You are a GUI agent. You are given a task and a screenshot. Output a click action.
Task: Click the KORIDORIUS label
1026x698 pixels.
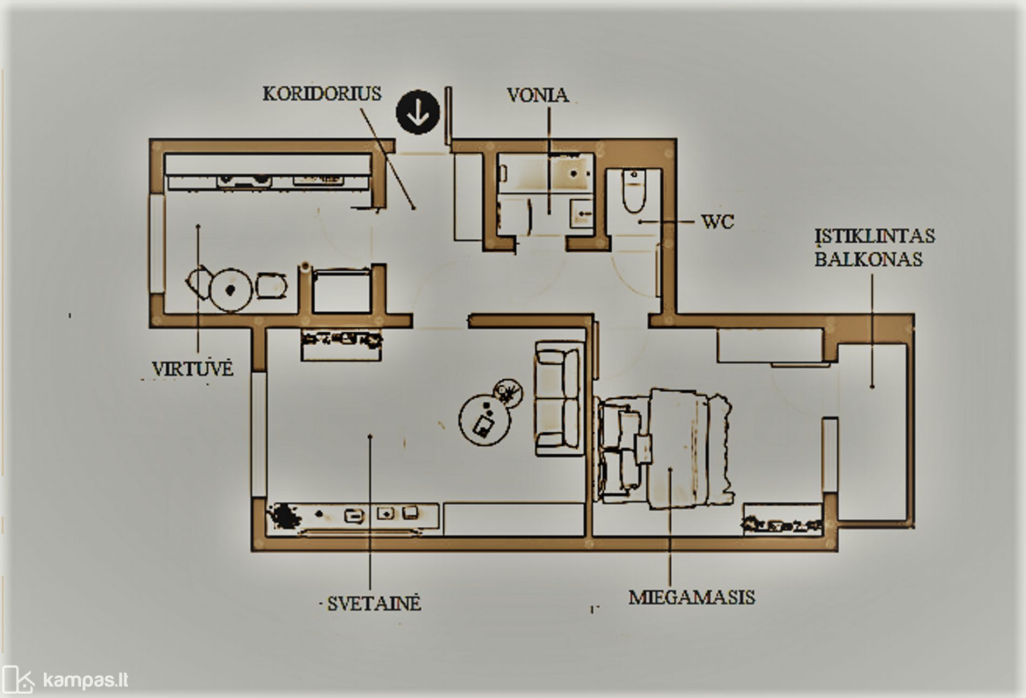click(322, 94)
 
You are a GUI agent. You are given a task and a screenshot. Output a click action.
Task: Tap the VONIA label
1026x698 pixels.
click(537, 96)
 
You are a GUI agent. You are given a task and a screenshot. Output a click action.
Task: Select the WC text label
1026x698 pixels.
click(717, 222)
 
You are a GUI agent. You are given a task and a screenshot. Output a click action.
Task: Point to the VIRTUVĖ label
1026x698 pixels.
click(192, 369)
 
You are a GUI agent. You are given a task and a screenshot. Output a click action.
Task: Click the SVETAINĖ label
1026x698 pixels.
click(374, 603)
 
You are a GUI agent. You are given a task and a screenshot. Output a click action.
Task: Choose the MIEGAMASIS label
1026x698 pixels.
click(692, 598)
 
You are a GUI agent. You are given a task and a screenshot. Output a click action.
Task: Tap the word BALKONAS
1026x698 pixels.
click(868, 259)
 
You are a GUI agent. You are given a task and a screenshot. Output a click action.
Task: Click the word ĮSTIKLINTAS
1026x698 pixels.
click(875, 236)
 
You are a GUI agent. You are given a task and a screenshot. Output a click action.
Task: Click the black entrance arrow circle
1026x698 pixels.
click(417, 112)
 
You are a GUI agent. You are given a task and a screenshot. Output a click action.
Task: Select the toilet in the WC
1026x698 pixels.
click(634, 191)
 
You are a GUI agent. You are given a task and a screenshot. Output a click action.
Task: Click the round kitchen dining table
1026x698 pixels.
click(231, 290)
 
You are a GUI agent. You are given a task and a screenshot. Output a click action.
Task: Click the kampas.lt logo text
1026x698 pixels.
click(85, 680)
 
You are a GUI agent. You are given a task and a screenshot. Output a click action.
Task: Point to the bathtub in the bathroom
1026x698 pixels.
click(544, 172)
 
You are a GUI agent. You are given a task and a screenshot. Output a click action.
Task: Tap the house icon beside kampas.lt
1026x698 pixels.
click(17, 680)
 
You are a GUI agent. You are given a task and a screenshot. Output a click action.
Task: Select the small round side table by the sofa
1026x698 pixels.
click(507, 392)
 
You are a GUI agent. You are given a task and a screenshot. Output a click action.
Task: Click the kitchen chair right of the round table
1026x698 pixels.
click(271, 286)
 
